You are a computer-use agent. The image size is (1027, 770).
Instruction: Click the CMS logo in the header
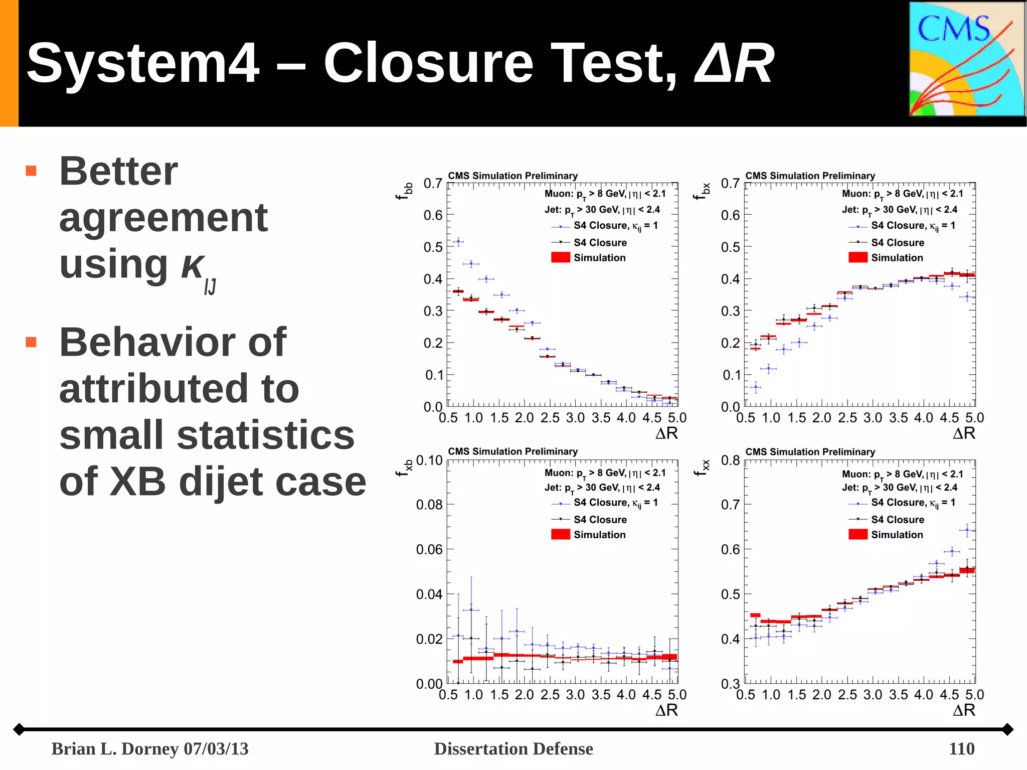(967, 59)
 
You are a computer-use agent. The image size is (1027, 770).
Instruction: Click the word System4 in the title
(143, 63)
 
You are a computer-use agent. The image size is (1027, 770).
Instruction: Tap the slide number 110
(961, 748)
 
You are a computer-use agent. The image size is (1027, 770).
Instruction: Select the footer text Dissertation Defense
(513, 748)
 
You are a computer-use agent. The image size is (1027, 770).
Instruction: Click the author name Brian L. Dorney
(115, 748)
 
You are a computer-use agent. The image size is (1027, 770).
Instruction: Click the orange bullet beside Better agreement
(31, 171)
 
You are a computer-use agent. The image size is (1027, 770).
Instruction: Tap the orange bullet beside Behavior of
(31, 342)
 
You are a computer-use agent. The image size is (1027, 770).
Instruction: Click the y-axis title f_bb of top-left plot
(404, 191)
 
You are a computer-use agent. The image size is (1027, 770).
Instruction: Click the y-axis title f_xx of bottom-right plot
(702, 468)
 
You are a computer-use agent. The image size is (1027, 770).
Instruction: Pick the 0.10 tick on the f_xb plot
(429, 460)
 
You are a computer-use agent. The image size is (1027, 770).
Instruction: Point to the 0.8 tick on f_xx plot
(730, 460)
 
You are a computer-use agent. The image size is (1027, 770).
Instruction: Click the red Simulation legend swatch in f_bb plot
(561, 257)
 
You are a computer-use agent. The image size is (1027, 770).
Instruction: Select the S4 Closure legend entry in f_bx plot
(897, 242)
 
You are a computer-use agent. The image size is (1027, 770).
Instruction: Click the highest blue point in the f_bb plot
(458, 242)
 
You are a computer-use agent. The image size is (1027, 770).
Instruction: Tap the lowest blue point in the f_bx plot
(755, 387)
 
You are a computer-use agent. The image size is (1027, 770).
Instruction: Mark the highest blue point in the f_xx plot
(967, 530)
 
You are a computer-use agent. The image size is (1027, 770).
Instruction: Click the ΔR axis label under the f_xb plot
(666, 710)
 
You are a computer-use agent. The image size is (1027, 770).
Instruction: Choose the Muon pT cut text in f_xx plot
(902, 474)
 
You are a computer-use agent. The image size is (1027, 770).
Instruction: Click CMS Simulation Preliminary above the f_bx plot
(810, 176)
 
